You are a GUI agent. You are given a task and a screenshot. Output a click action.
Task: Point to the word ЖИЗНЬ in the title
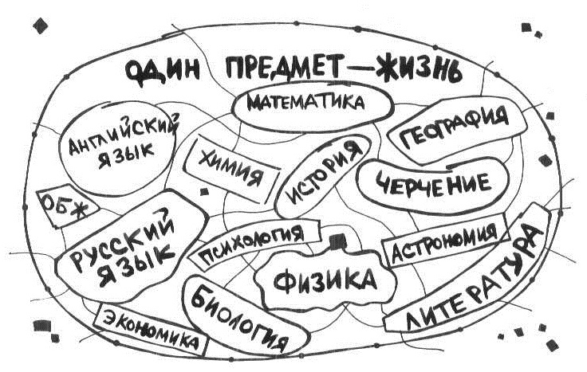click(420, 70)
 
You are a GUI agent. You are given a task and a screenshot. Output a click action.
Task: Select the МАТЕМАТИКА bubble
click(313, 105)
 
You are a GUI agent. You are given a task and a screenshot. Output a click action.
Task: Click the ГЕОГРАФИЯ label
click(455, 129)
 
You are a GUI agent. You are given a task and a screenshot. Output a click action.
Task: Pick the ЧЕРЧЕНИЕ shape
click(433, 186)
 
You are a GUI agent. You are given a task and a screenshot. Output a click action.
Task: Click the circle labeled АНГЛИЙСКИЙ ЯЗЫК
click(117, 148)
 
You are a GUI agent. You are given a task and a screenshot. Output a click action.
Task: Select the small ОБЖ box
click(65, 206)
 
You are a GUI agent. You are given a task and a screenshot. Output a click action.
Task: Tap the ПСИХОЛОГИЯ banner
click(254, 242)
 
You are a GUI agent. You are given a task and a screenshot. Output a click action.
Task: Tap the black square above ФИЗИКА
click(337, 241)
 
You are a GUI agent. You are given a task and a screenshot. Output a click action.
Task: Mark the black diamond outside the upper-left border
click(40, 25)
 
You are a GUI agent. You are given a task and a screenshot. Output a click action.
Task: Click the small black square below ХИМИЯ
click(204, 192)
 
